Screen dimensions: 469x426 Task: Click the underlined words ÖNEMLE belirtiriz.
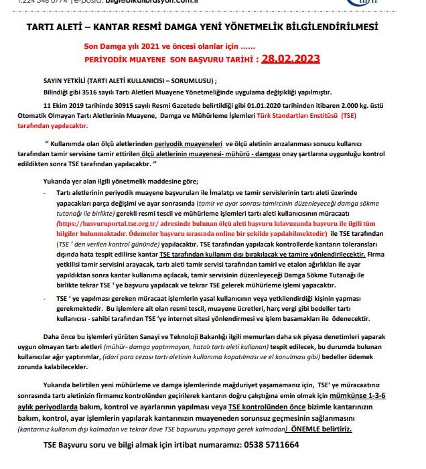pos(319,427)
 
